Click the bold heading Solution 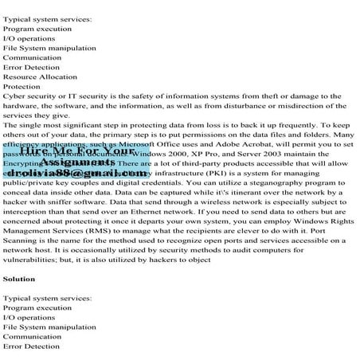[x=19, y=279]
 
